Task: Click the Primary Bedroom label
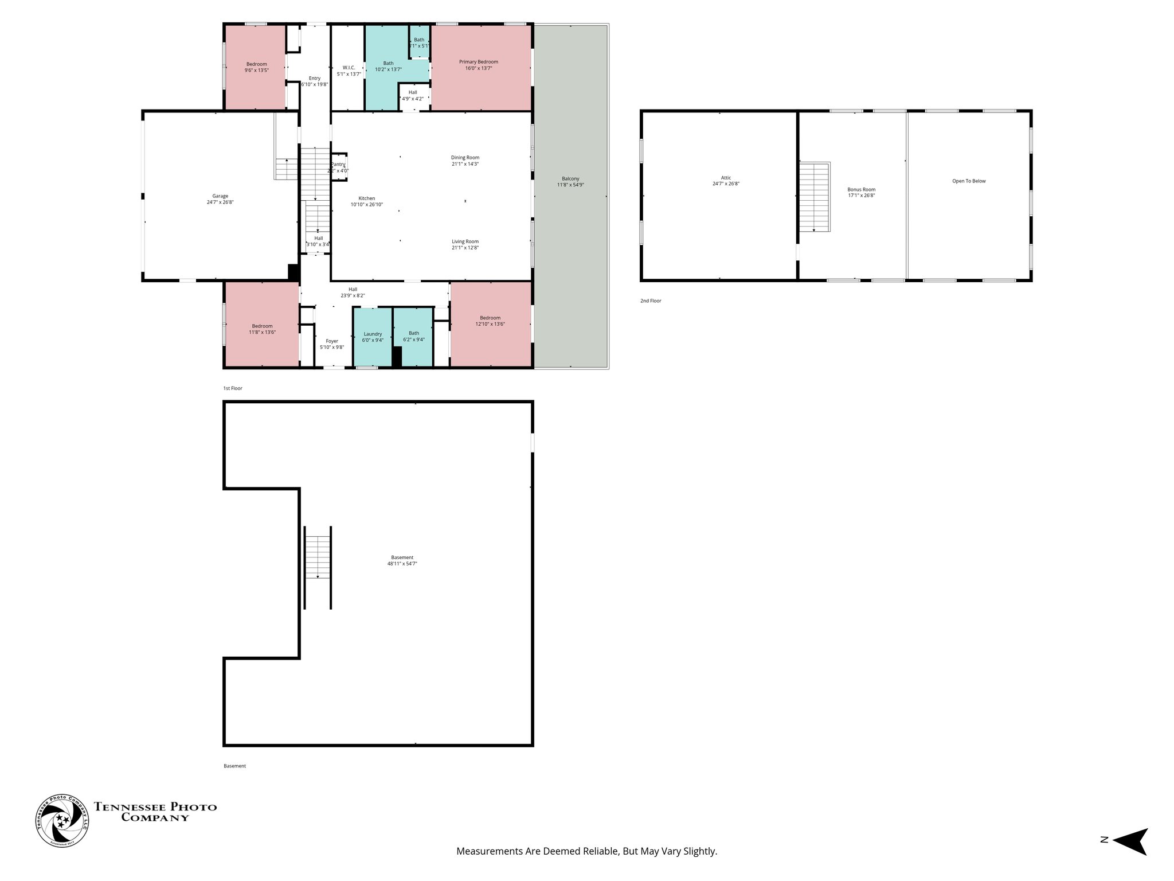478,62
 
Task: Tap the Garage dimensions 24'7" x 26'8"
220,202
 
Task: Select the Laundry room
373,337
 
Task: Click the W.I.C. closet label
349,68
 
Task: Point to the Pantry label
338,165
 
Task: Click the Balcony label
570,179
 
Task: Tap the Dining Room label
465,158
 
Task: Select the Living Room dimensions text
465,248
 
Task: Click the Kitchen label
367,198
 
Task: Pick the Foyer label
332,341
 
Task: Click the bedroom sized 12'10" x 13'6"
490,321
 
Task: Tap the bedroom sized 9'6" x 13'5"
256,67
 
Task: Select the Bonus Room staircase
815,197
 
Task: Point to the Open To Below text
969,181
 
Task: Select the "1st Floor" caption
233,388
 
